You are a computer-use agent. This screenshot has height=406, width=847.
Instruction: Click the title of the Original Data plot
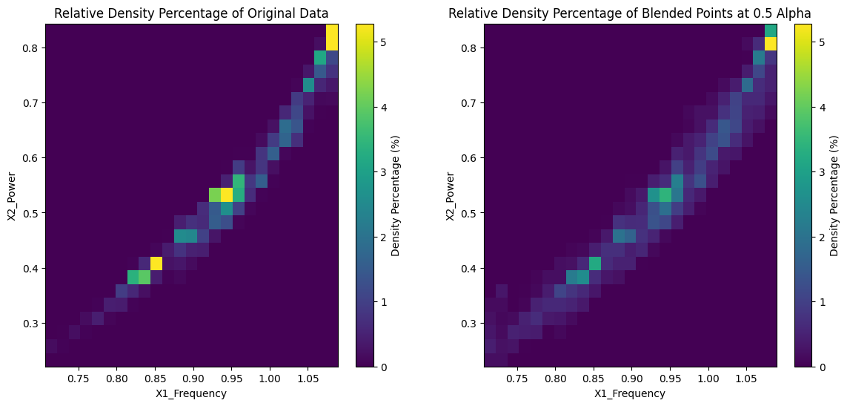191,13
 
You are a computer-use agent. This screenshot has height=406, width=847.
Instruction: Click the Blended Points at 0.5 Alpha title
631,13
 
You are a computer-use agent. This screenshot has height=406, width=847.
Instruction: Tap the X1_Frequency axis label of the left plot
191,393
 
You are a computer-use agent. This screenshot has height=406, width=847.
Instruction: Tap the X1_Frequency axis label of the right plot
630,393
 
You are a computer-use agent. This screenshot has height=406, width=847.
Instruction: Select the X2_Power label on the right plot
452,195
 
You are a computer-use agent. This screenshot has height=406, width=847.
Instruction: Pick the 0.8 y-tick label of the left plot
32,48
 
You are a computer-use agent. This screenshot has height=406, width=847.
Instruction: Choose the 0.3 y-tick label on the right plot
471,324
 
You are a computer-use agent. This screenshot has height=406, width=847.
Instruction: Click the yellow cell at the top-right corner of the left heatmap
332,37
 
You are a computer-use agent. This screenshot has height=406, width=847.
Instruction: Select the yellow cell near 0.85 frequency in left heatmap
156,263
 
